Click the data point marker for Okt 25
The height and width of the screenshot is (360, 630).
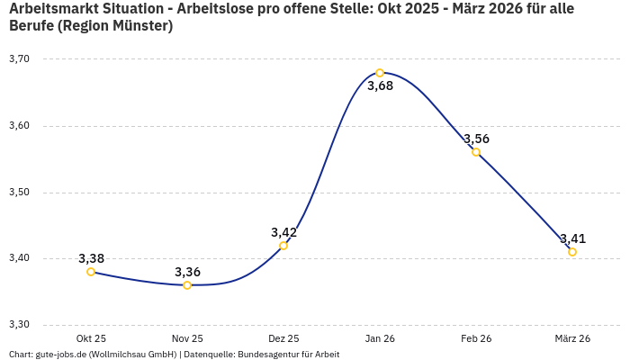coord(91,272)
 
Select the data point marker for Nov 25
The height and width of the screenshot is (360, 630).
coord(187,285)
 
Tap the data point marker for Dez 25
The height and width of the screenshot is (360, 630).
coord(283,246)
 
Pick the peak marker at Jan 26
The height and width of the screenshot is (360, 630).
coord(380,73)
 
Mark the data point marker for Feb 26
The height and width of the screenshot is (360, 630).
coord(476,152)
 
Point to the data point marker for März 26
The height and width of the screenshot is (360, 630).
coord(572,252)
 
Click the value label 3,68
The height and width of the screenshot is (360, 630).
coord(380,86)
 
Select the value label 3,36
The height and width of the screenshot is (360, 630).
coord(187,272)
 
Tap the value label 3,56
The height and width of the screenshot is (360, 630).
coord(476,139)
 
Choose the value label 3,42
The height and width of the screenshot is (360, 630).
coord(283,232)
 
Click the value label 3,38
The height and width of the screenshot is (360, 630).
coord(91,258)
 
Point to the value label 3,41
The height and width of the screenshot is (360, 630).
coord(572,238)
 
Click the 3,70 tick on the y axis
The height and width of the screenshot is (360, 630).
coord(19,59)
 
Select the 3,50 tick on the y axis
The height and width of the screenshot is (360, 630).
coord(19,193)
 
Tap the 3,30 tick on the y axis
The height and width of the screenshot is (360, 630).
coord(19,325)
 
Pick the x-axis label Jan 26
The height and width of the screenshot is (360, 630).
coord(380,338)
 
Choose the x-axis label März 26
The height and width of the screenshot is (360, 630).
coord(572,338)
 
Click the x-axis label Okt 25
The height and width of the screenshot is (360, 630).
coord(91,338)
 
